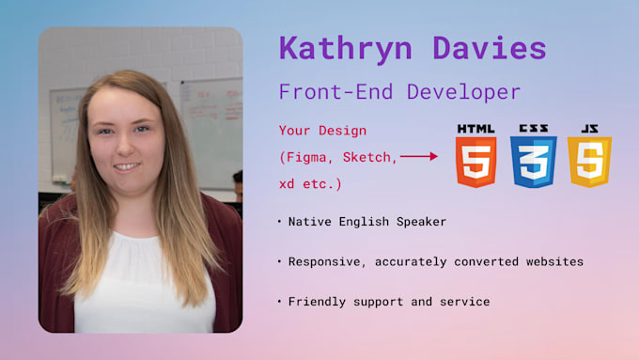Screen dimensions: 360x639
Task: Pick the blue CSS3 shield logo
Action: pyautogui.click(x=533, y=161)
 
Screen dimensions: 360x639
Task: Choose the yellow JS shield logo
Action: pyautogui.click(x=589, y=161)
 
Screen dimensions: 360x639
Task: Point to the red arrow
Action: pyautogui.click(x=419, y=156)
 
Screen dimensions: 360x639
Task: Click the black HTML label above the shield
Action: pyautogui.click(x=475, y=129)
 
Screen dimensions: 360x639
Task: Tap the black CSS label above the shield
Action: pyautogui.click(x=533, y=129)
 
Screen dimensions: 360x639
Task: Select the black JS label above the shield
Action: pyautogui.click(x=589, y=129)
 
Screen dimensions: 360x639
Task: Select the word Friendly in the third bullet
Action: pyautogui.click(x=319, y=301)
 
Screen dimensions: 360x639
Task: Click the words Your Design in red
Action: pyautogui.click(x=322, y=130)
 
